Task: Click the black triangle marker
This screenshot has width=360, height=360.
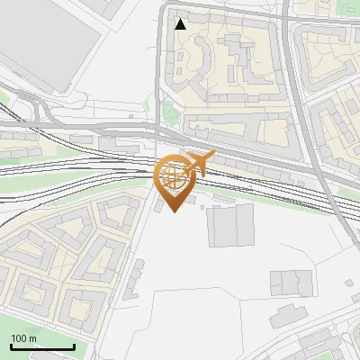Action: point(181,24)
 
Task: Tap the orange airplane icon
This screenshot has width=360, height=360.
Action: point(199,163)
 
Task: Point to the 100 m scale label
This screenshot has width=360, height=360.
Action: point(24,338)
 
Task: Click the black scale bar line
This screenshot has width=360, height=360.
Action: point(42,346)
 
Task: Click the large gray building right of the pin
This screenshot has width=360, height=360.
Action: point(232,225)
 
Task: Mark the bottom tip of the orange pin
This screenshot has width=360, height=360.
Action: point(174,212)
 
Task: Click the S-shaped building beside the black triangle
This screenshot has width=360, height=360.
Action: point(193,58)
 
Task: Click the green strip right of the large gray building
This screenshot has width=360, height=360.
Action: point(306,202)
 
